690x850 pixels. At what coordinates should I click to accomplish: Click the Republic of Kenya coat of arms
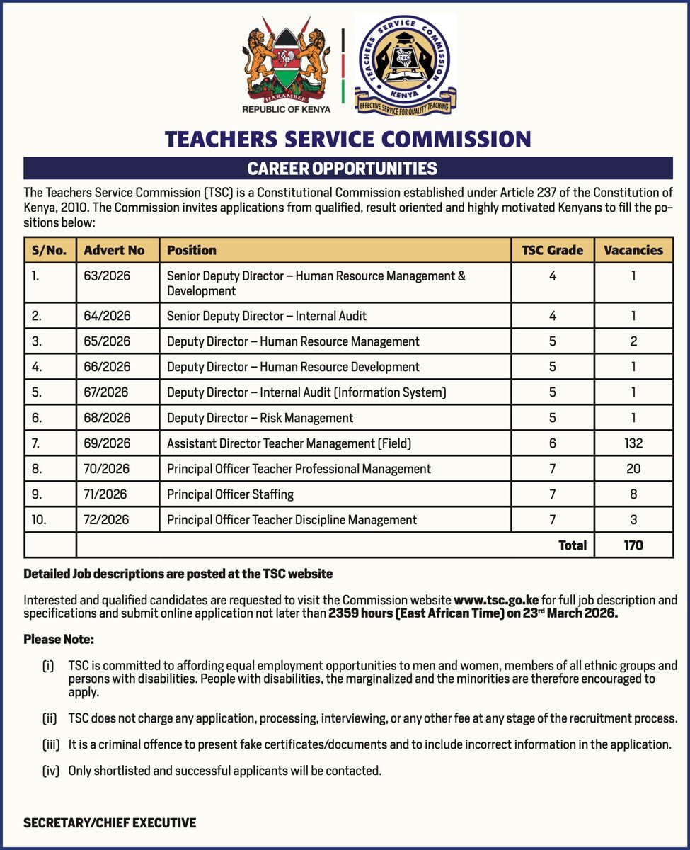click(287, 65)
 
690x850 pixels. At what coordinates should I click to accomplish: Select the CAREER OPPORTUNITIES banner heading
click(342, 169)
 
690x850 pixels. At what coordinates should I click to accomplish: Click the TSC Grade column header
click(552, 250)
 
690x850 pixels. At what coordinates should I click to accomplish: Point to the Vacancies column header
click(633, 250)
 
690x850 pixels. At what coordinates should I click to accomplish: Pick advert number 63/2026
click(107, 275)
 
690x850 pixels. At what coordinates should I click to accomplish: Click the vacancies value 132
click(633, 443)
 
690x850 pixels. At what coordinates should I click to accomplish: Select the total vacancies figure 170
click(633, 545)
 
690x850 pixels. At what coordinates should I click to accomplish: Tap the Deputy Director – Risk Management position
click(260, 418)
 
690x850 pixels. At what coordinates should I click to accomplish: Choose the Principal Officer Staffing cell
click(230, 494)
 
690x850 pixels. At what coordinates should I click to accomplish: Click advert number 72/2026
click(107, 520)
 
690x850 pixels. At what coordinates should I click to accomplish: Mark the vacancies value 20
click(633, 469)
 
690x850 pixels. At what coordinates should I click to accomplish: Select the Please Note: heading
click(59, 640)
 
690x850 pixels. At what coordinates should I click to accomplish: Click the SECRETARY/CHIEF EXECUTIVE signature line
click(110, 823)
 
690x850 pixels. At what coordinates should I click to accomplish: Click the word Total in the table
click(573, 545)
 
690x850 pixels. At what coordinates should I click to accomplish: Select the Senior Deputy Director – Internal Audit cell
click(266, 316)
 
